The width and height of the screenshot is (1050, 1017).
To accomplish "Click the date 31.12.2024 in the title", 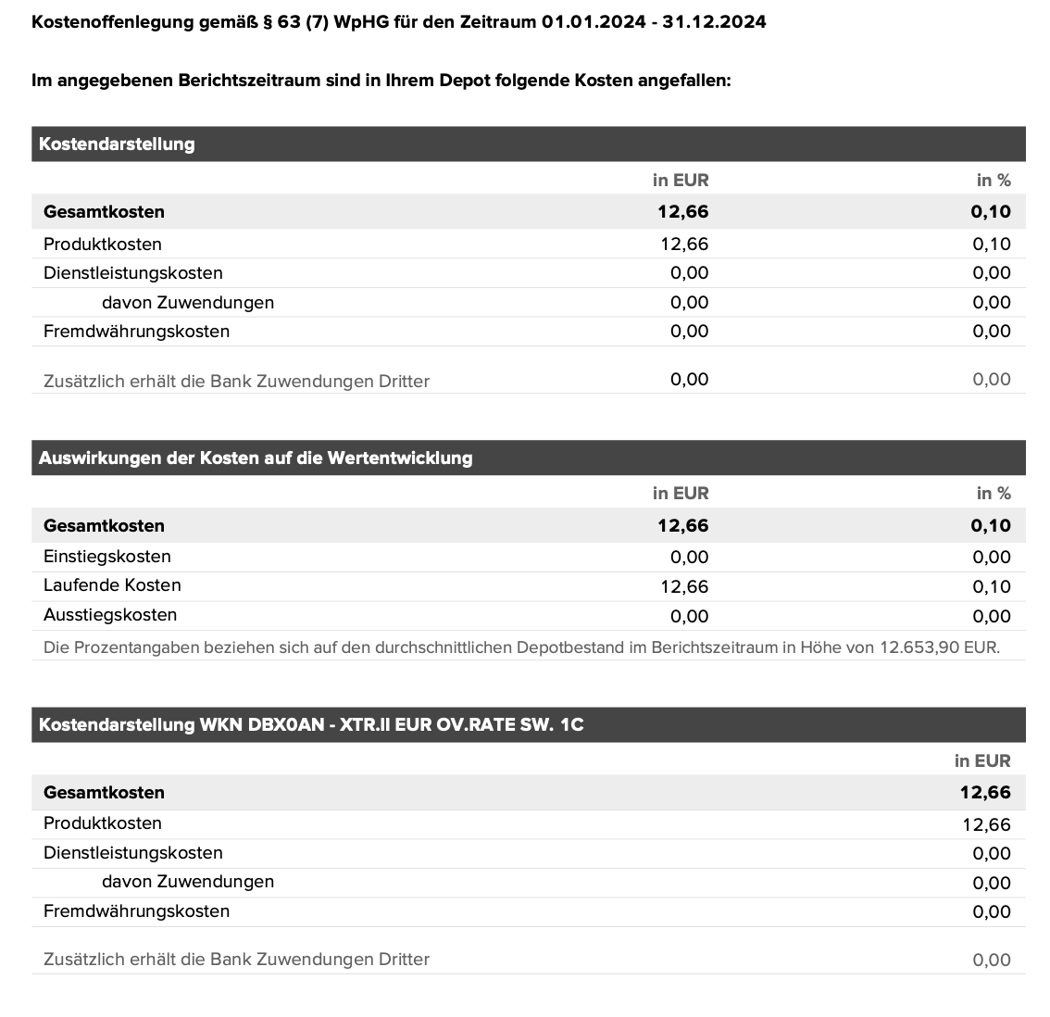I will point(714,21).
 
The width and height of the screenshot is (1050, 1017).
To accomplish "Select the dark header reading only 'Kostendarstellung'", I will point(117,144).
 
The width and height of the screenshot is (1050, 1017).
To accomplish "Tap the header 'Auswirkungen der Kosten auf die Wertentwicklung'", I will point(256,458).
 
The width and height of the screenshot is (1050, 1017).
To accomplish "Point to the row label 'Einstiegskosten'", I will point(107,557).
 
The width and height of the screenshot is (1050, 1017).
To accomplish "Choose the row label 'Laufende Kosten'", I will point(112,585).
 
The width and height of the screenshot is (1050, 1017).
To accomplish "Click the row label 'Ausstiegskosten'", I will point(110,615).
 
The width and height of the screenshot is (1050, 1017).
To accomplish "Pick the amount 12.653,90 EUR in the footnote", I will point(939,647).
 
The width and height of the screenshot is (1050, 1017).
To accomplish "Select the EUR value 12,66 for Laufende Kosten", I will point(684,586).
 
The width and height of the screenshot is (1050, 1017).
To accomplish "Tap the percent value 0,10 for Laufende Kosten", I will point(992,586).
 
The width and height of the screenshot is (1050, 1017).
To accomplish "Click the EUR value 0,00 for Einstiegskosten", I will point(690,557).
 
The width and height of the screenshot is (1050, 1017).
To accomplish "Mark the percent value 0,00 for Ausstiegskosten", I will point(992,616).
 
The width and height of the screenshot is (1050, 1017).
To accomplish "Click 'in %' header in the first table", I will point(994,181).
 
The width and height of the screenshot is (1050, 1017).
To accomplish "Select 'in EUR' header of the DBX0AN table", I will point(982,761).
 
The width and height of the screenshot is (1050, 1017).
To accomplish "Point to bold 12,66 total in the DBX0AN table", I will point(985,793).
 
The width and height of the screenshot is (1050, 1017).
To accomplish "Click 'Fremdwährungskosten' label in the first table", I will point(136,332).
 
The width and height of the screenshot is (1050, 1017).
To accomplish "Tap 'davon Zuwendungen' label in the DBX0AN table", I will point(188,882).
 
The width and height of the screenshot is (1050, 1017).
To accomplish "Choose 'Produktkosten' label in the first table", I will point(103,245).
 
